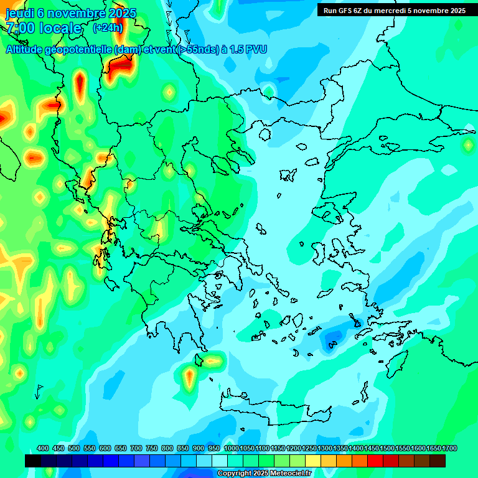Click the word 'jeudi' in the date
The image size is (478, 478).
tap(20, 13)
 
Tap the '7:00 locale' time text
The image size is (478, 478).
tap(44, 28)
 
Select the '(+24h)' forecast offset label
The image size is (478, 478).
tap(108, 28)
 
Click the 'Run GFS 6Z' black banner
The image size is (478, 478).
tap(394, 11)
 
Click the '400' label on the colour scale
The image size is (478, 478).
tap(43, 449)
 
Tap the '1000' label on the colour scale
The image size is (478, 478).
tap(232, 449)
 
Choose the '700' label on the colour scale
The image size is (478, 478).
tap(136, 449)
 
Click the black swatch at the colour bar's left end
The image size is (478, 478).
tap(33, 461)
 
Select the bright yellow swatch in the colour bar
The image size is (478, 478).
tap(313, 461)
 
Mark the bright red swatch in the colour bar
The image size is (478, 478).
tap(375, 461)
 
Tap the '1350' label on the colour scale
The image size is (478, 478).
tap(340, 449)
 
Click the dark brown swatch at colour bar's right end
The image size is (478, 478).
tap(438, 461)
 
